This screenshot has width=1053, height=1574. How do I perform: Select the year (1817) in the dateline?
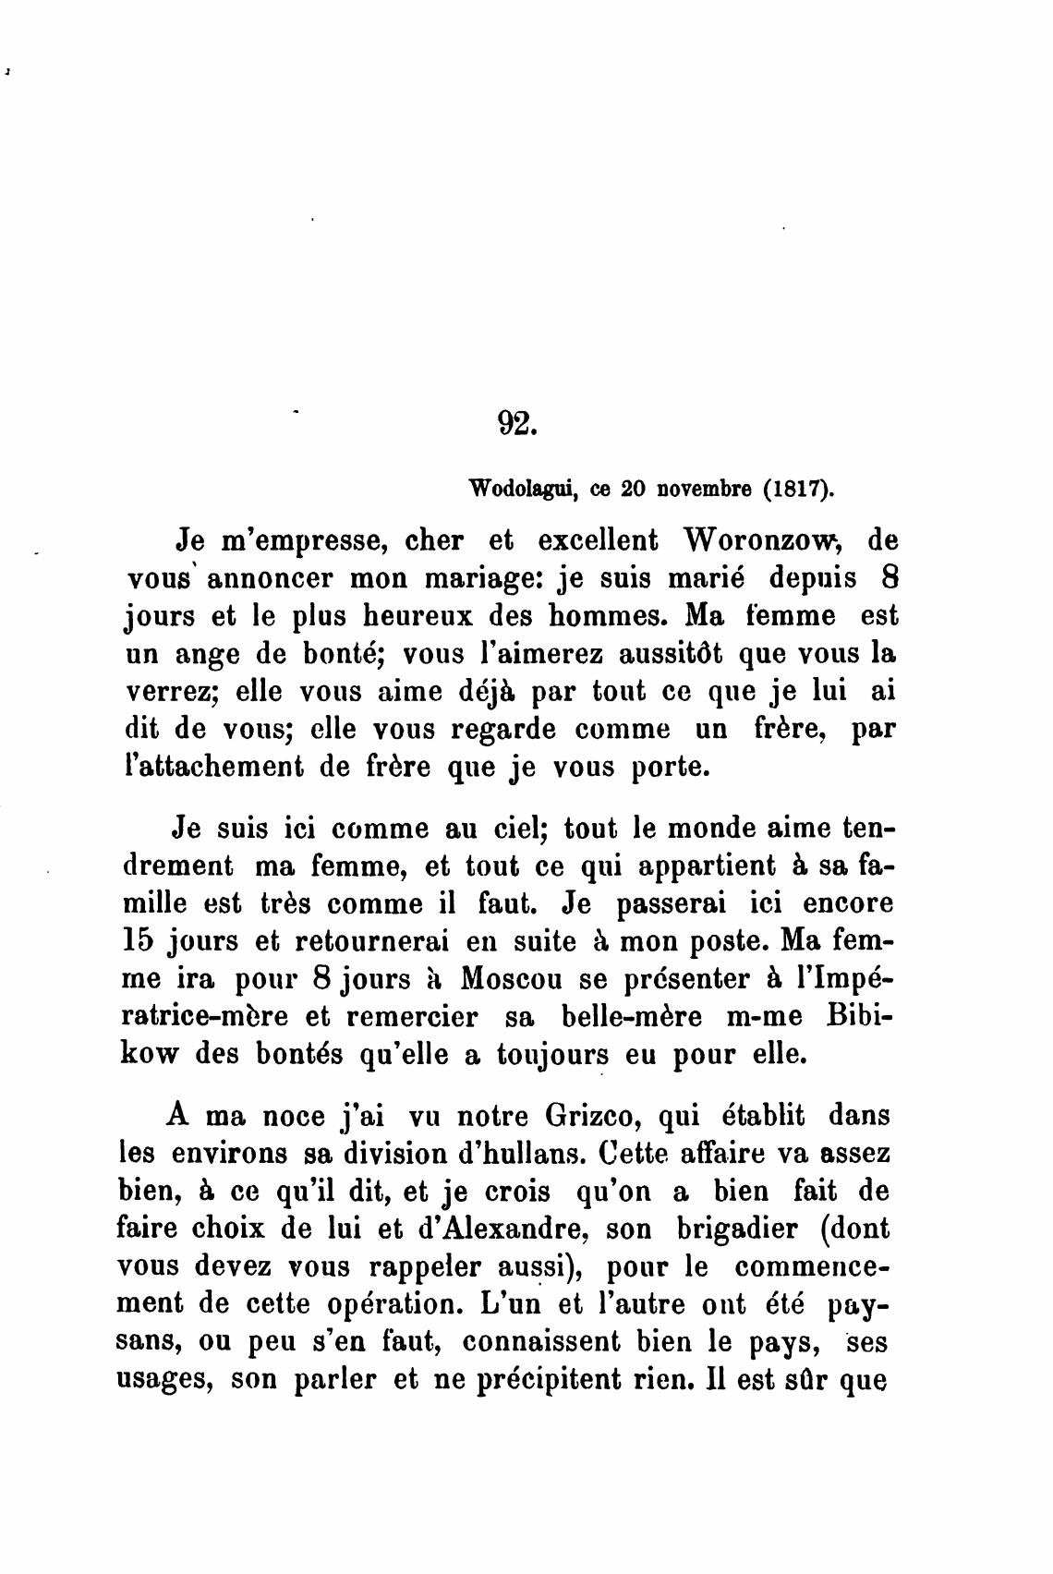click(x=799, y=489)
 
